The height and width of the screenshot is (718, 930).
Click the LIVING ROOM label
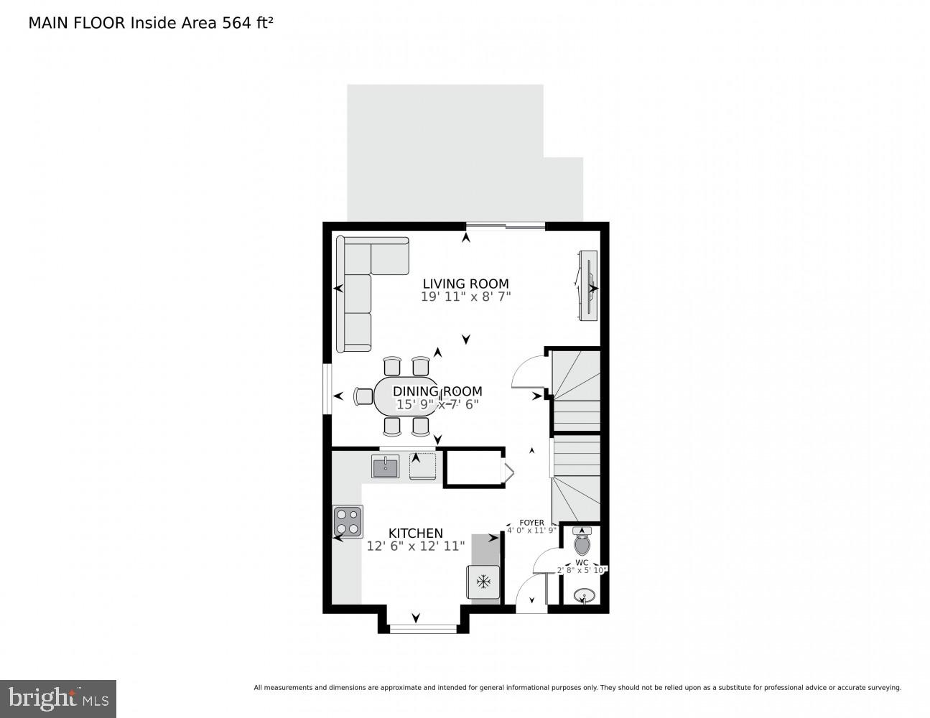coord(465,284)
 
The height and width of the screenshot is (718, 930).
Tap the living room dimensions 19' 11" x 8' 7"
coord(465,296)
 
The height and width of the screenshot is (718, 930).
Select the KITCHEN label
coord(415,533)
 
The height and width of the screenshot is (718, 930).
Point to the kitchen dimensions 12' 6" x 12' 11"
coord(415,546)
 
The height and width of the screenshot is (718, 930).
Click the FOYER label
coord(532,523)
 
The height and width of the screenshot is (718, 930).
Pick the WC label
coord(582,562)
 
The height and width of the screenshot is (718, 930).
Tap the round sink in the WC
coord(584,596)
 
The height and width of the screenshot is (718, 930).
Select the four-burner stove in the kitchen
coord(348,522)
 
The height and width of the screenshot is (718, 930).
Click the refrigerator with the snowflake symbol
coord(484,581)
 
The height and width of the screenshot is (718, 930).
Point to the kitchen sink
coord(386,467)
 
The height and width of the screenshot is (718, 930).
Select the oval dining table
coord(406,396)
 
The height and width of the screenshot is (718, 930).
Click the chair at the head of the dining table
coord(364,396)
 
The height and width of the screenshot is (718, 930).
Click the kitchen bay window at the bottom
coord(423,629)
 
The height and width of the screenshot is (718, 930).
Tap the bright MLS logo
coord(57,699)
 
